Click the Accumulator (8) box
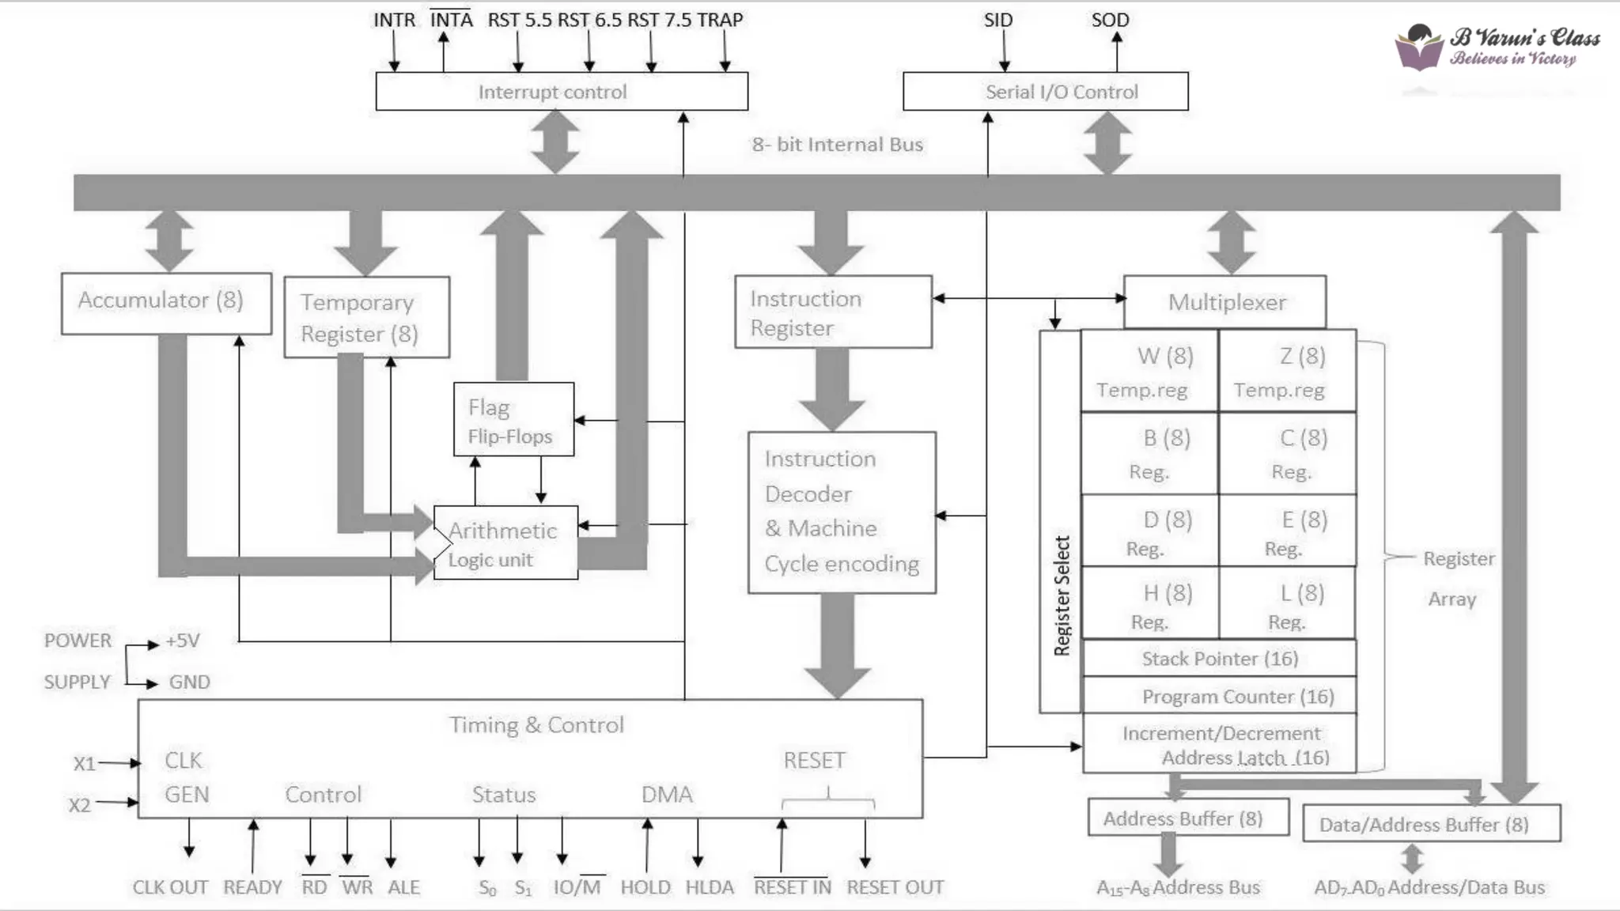tap(166, 303)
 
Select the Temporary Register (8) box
tap(366, 317)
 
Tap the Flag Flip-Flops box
tap(513, 419)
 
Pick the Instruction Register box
tap(833, 312)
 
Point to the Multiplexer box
tap(1224, 302)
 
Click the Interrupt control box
tap(561, 92)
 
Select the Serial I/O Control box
tap(1045, 92)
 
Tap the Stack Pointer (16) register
tap(1219, 658)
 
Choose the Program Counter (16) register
tap(1219, 696)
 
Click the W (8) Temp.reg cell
tap(1149, 371)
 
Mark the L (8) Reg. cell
tap(1288, 605)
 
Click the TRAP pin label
tap(720, 20)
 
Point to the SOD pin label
tap(1110, 20)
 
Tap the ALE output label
tap(403, 887)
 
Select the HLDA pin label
tap(709, 887)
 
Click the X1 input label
tap(84, 764)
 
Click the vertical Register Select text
tap(1062, 596)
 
